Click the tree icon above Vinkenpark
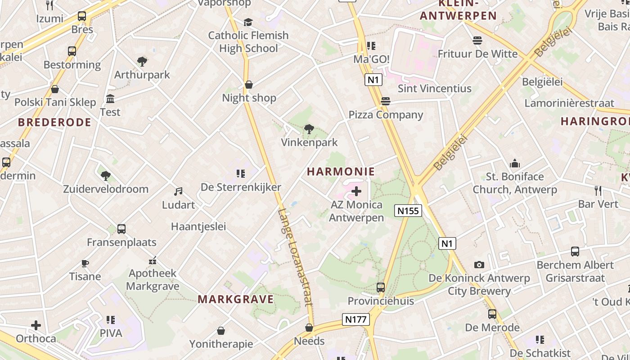pos(309,129)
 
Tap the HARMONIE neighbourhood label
pos(341,171)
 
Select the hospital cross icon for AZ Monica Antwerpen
pos(356,192)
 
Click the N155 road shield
pos(408,211)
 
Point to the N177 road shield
pos(356,319)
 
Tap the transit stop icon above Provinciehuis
pos(381,287)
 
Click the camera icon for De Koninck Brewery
pos(479,265)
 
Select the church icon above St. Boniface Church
pos(515,163)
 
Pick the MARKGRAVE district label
pos(236,299)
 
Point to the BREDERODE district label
pos(54,122)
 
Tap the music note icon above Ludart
pos(178,192)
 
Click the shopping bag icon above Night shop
pos(248,85)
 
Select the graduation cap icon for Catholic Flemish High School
pos(248,22)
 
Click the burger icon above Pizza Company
pos(386,101)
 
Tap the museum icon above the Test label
pos(110,99)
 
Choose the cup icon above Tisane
pos(85,263)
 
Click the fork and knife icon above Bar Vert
pos(598,190)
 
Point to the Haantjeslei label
pos(198,226)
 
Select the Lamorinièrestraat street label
pos(569,103)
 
